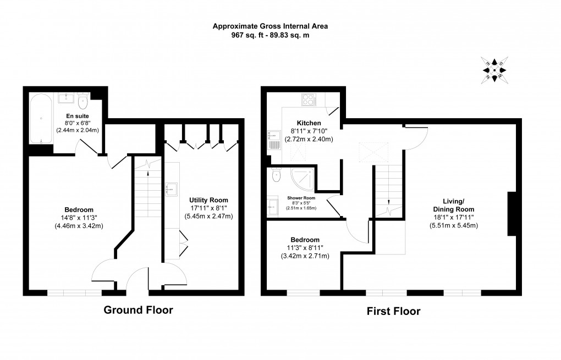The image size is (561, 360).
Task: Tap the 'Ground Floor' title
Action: click(138, 310)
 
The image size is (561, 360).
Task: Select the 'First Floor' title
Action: click(393, 312)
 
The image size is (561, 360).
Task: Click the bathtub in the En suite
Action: click(41, 119)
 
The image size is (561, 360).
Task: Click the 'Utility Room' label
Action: click(208, 200)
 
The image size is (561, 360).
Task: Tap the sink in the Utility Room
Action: click(170, 190)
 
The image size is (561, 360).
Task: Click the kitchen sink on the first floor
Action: click(274, 141)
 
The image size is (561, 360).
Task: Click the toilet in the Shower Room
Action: click(277, 175)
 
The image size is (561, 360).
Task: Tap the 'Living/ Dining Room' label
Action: click(454, 205)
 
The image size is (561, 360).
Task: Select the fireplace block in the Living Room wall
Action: click(512, 214)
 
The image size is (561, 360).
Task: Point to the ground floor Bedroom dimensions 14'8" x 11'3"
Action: click(79, 218)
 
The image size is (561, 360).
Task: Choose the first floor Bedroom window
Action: click(303, 293)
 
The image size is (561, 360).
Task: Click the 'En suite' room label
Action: click(77, 117)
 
